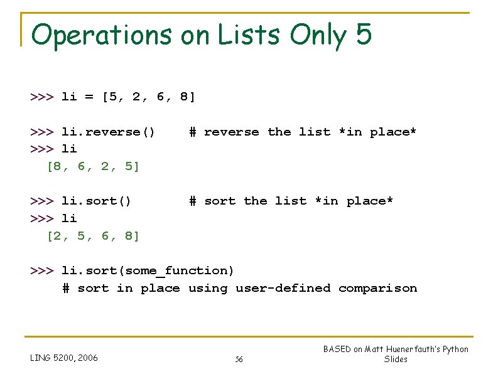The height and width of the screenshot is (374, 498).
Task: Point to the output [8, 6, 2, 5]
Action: click(x=94, y=166)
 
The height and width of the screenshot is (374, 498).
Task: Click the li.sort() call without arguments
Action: click(x=96, y=201)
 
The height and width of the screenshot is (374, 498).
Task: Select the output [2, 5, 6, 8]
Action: click(x=94, y=235)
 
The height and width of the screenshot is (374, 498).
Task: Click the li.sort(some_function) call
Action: click(x=148, y=270)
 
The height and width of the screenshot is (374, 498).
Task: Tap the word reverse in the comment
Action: click(x=231, y=132)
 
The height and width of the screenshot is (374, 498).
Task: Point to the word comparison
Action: click(x=377, y=288)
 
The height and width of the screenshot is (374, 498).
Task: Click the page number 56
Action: click(x=239, y=360)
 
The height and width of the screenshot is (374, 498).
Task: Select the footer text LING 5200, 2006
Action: click(x=64, y=358)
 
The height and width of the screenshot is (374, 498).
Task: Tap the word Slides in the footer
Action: click(x=396, y=360)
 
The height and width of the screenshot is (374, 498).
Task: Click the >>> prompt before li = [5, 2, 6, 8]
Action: click(x=41, y=97)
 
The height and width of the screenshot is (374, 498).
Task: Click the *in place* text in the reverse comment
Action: click(x=377, y=132)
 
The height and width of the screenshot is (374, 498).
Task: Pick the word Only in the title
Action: click(x=317, y=36)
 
